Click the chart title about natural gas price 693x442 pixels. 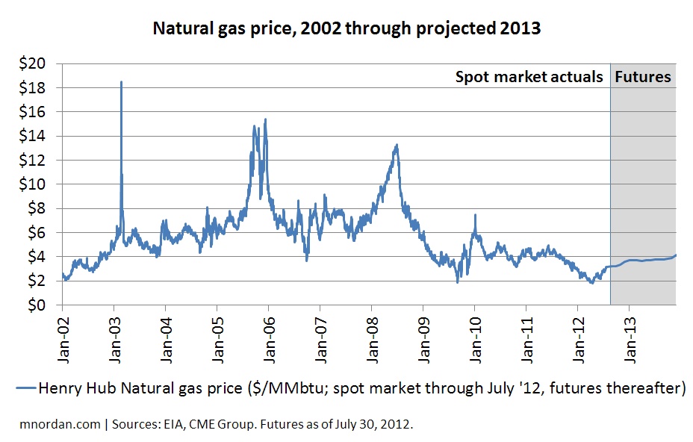[346, 31]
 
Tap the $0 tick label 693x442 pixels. [40, 305]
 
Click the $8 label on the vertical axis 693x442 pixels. [40, 209]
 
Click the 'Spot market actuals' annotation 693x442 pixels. [529, 77]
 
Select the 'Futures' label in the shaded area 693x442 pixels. [643, 77]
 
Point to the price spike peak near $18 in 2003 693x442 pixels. [121, 82]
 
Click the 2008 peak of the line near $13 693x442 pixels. [397, 145]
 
